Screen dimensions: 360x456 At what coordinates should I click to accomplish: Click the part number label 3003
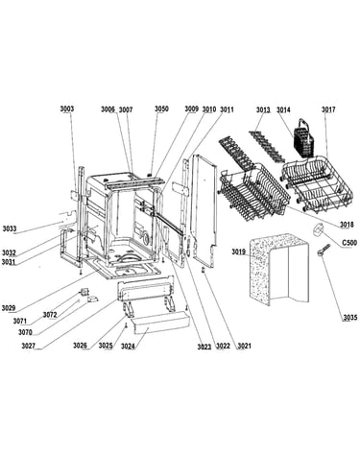pyautogui.click(x=67, y=108)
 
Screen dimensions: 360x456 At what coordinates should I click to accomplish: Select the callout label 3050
pyautogui.click(x=161, y=108)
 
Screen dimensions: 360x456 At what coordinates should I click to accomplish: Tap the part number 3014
pyautogui.click(x=283, y=109)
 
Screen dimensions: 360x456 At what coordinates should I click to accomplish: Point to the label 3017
pyautogui.click(x=328, y=109)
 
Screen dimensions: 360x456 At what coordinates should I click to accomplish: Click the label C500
pyautogui.click(x=349, y=243)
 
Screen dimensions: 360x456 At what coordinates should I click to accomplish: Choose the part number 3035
pyautogui.click(x=350, y=318)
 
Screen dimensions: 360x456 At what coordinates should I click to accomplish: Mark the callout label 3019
pyautogui.click(x=238, y=252)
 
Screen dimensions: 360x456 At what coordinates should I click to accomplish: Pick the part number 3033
pyautogui.click(x=10, y=228)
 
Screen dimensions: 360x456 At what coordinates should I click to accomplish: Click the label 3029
pyautogui.click(x=9, y=308)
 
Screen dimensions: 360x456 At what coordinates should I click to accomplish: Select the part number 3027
pyautogui.click(x=29, y=346)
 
